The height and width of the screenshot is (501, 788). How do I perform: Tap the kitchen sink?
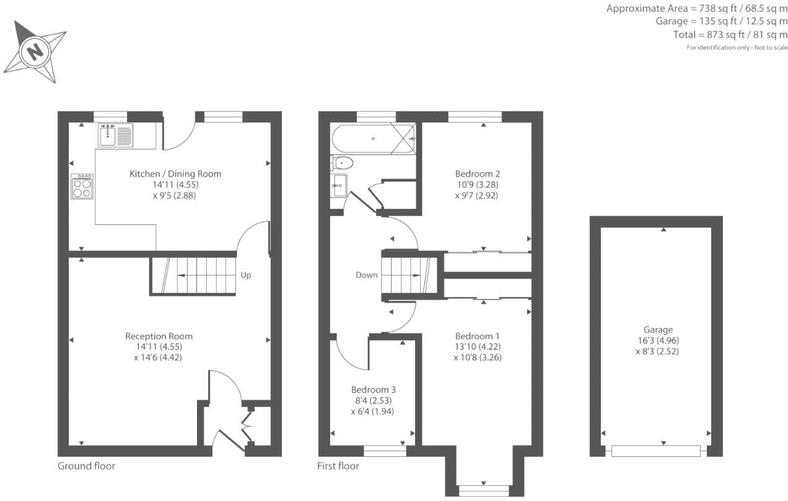point(115,135)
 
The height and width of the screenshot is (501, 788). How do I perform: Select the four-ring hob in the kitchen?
point(83,187)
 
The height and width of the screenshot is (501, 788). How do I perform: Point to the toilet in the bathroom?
point(342,163)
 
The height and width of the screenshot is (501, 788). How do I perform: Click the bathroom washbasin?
point(339,185)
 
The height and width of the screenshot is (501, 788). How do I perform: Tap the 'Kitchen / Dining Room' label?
point(175,174)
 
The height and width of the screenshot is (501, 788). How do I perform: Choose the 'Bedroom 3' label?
point(373,390)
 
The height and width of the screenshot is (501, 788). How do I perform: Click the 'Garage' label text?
point(657,330)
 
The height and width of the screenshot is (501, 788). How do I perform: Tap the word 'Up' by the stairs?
point(246,275)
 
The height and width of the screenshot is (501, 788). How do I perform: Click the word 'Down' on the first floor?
point(367,275)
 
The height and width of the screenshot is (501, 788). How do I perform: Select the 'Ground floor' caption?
point(86,466)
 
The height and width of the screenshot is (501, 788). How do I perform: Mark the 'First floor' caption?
point(338,466)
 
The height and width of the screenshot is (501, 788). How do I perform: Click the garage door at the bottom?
point(656,451)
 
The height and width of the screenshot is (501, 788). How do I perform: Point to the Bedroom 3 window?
point(385,451)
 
